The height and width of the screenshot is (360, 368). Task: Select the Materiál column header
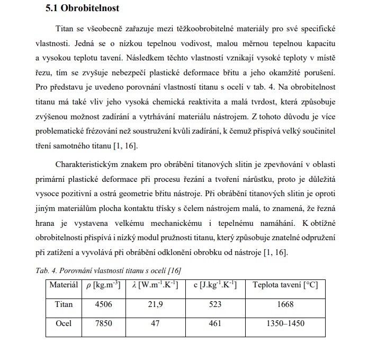click(x=64, y=285)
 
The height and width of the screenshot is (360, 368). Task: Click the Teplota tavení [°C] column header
click(x=285, y=285)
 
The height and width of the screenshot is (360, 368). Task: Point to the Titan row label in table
click(x=64, y=304)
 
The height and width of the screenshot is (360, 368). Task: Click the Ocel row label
click(x=64, y=323)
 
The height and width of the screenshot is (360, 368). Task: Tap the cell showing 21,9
click(x=155, y=304)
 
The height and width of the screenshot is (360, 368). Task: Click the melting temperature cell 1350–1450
click(x=285, y=323)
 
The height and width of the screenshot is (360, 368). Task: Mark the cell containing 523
click(x=215, y=304)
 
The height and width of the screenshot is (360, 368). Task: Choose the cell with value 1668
click(x=285, y=304)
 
